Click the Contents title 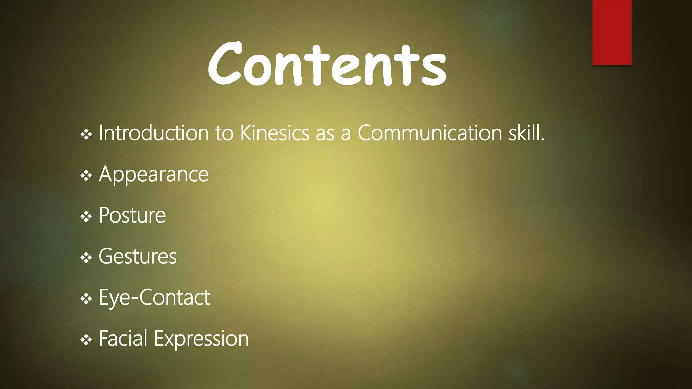[x=327, y=64]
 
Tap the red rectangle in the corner [x=612, y=32]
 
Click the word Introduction [x=153, y=133]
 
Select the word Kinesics [x=274, y=133]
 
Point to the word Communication [x=429, y=133]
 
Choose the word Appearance [x=154, y=175]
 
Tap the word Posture [x=132, y=215]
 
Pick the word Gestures [x=138, y=257]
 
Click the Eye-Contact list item [x=154, y=298]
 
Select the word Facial [x=123, y=338]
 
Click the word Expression [x=201, y=339]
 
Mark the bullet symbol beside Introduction [x=86, y=135]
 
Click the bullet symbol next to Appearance [x=86, y=176]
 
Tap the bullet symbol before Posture [x=86, y=216]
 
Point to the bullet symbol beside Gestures [x=86, y=258]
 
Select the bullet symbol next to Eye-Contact [x=86, y=299]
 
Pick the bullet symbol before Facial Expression [x=86, y=340]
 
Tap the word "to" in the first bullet [x=224, y=133]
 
